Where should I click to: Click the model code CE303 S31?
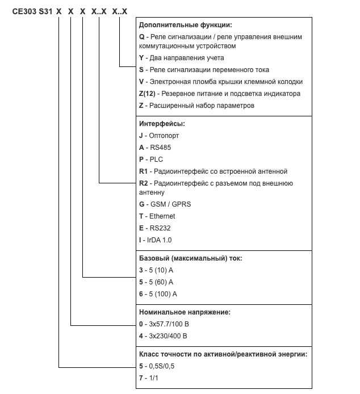pyautogui.click(x=33, y=11)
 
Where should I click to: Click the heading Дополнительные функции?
pyautogui.click(x=185, y=25)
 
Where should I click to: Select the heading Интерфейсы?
pyautogui.click(x=162, y=124)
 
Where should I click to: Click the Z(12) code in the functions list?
pyautogui.click(x=147, y=93)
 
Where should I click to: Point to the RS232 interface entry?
pyautogui.click(x=155, y=228)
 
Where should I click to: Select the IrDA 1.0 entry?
pyautogui.click(x=154, y=240)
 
